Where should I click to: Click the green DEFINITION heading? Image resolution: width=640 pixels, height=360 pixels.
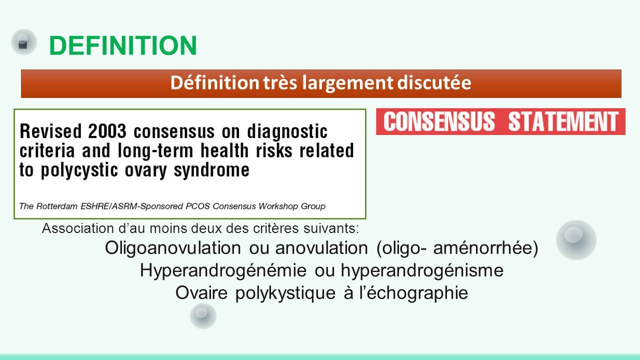[123, 45]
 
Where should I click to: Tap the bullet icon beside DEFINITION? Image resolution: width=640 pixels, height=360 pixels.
[24, 42]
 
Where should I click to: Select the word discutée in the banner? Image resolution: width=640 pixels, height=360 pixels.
[434, 82]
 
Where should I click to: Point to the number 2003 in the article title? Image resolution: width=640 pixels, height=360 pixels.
[107, 131]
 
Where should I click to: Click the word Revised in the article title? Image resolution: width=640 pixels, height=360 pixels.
[50, 131]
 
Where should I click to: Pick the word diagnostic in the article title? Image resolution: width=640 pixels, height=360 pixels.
[287, 132]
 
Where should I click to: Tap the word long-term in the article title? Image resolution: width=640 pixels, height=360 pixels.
[155, 150]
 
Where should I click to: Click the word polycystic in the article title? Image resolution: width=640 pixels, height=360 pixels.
[79, 170]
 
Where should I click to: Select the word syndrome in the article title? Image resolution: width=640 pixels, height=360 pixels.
[211, 170]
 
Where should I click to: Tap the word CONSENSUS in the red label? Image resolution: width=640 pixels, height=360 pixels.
[439, 121]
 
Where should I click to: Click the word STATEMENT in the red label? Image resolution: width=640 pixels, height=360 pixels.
[563, 121]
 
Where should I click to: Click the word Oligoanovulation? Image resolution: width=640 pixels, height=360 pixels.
[173, 247]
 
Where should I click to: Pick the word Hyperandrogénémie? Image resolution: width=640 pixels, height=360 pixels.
[223, 270]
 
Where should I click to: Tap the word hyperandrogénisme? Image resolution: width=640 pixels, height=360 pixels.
[422, 270]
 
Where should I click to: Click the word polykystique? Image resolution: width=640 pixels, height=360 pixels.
[285, 293]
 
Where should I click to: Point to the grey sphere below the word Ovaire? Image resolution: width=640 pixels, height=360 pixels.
[203, 315]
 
